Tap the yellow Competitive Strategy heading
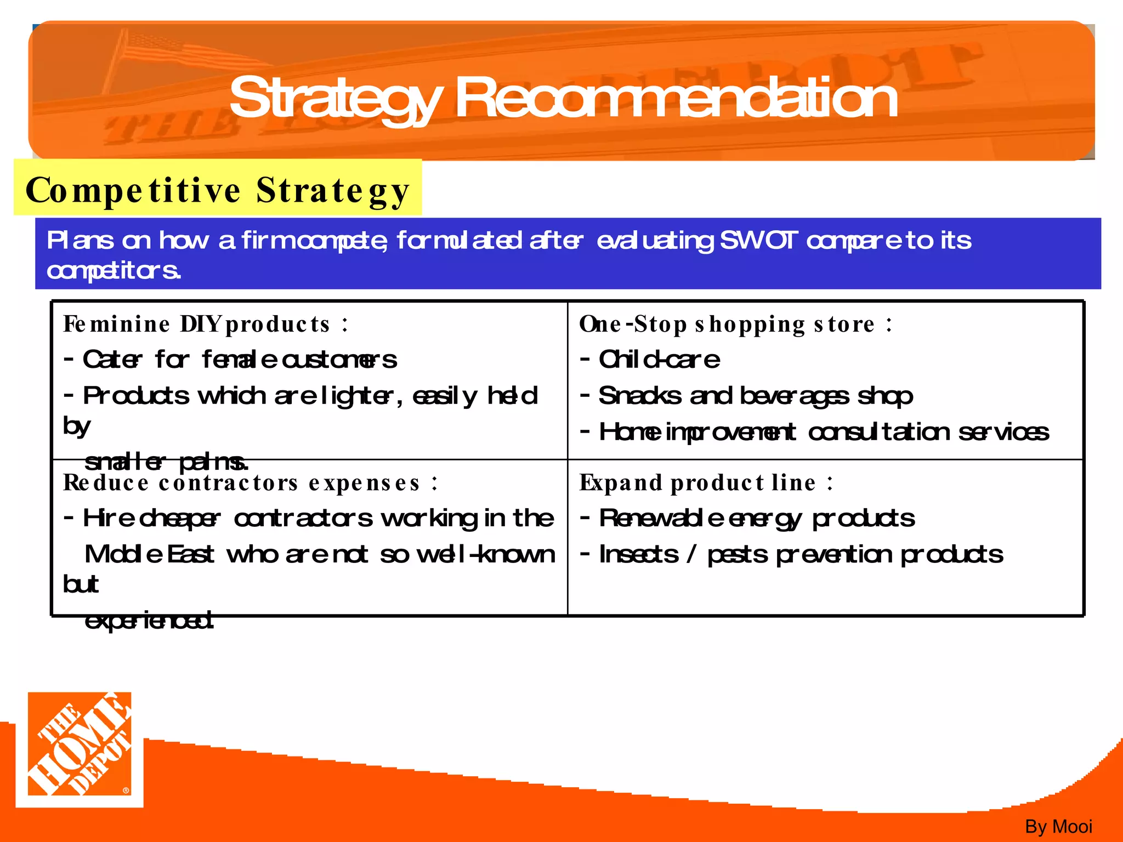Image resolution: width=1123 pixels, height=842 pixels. tap(218, 190)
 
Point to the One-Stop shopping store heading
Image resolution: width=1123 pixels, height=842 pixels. tap(735, 324)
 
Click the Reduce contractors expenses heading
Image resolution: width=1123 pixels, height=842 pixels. tap(250, 483)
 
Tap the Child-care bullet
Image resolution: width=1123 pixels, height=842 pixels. tap(659, 360)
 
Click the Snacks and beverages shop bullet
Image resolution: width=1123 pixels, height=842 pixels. tap(755, 396)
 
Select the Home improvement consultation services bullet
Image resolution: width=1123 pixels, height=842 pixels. tap(823, 432)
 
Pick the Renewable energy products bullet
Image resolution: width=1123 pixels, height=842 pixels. tap(756, 518)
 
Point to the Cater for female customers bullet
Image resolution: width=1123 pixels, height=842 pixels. tap(239, 360)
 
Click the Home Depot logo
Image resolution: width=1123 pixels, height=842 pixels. tap(80, 748)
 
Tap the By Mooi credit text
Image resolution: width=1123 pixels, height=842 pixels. tap(1058, 826)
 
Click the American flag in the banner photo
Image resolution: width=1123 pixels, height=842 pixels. tap(165, 47)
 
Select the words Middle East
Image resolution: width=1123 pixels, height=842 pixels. tap(149, 554)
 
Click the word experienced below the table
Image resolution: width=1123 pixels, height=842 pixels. tap(149, 621)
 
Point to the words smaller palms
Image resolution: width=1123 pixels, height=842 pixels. tap(166, 462)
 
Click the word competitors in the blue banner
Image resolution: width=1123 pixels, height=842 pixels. tap(114, 270)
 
